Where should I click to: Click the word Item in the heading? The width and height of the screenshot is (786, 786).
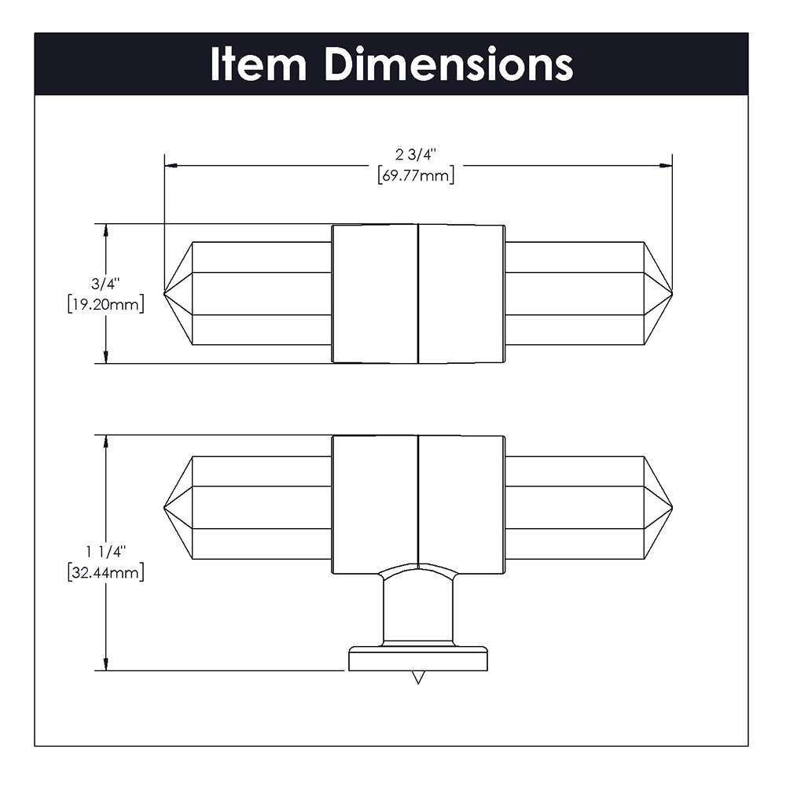point(258,64)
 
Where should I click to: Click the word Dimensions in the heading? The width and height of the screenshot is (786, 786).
point(449,64)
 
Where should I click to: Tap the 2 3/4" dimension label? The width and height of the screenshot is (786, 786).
point(416,154)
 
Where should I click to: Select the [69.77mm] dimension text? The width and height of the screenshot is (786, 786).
point(416,176)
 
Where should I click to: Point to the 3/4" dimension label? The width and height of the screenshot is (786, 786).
point(105,284)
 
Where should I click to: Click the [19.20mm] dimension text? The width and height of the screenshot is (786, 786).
point(106,304)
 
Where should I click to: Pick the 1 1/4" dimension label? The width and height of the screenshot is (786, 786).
point(105,552)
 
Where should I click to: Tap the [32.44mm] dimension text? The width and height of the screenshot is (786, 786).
point(106,572)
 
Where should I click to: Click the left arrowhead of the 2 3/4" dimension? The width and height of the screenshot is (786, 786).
point(171,165)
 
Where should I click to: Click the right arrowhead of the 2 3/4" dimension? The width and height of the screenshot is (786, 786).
point(666,165)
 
